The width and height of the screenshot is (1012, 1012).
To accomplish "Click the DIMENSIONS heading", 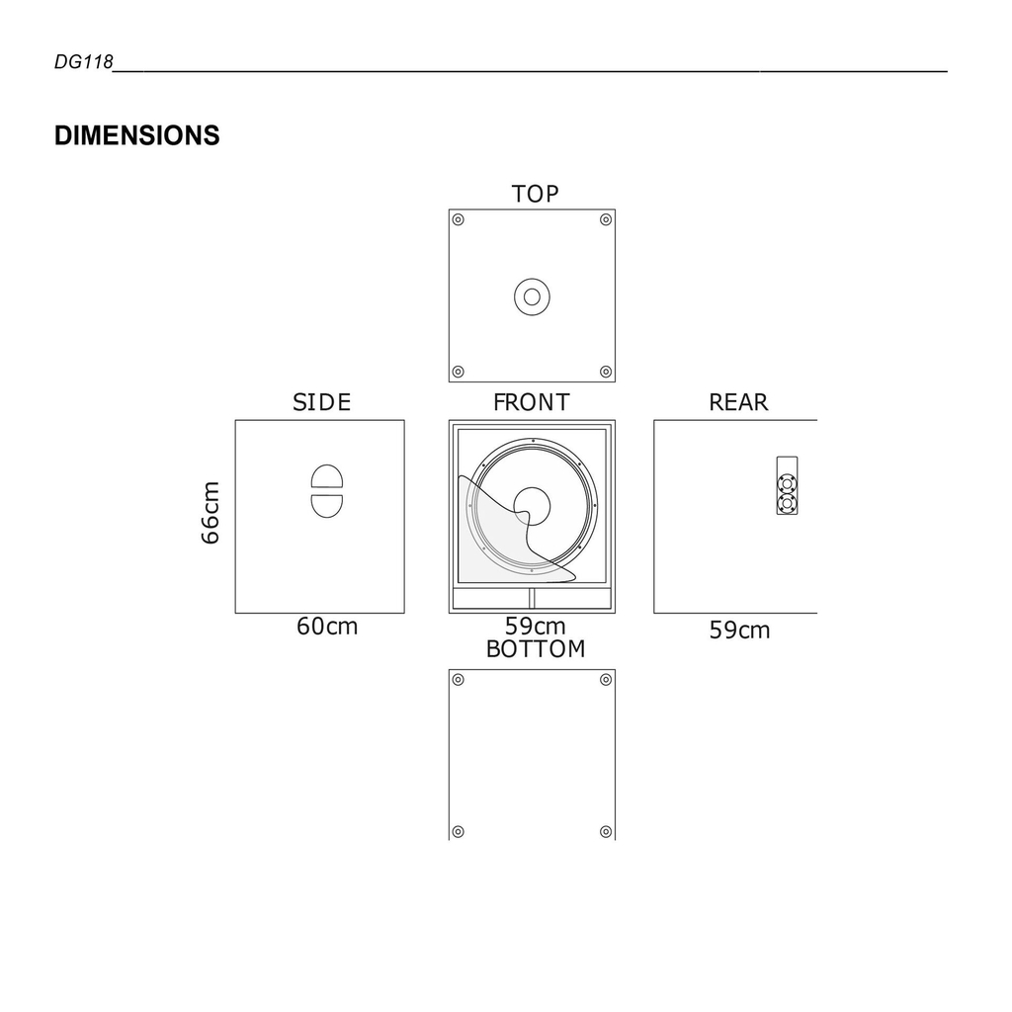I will click(136, 135).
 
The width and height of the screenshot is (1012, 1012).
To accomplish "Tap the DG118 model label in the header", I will click(84, 63).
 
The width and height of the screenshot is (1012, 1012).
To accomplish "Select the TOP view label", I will click(535, 194).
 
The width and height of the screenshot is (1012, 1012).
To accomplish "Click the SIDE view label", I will click(321, 402).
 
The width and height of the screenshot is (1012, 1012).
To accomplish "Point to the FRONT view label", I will click(532, 402).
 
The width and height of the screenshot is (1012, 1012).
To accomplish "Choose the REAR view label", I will click(738, 402).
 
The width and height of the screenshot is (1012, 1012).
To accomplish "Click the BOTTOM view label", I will click(536, 649).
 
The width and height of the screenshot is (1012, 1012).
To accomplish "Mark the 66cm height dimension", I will click(211, 512).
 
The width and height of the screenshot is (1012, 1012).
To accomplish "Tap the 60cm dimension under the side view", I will click(327, 627).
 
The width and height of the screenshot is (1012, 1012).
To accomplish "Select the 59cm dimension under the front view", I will click(535, 627).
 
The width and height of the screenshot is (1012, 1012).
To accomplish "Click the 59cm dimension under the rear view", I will click(739, 631).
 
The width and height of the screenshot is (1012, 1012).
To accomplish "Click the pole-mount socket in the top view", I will click(532, 296).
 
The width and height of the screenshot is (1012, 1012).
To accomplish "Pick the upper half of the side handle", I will click(327, 476).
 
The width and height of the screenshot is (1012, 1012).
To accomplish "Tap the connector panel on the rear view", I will click(787, 485).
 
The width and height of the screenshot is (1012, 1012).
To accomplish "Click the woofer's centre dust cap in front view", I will click(533, 503).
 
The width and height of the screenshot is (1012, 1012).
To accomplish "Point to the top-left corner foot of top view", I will click(458, 219).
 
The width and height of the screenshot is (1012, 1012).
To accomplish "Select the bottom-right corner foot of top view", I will click(606, 372).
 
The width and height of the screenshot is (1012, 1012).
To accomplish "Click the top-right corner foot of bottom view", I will click(606, 680).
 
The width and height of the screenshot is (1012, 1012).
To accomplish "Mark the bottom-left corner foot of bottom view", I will click(458, 831).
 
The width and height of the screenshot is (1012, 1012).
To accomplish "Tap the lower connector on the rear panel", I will click(787, 503).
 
